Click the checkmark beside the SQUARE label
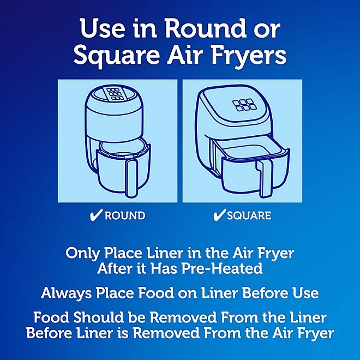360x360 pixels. tap(219, 215)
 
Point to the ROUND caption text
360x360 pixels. tap(125, 216)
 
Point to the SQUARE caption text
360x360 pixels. tap(249, 216)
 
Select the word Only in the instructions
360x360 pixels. tap(81, 254)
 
